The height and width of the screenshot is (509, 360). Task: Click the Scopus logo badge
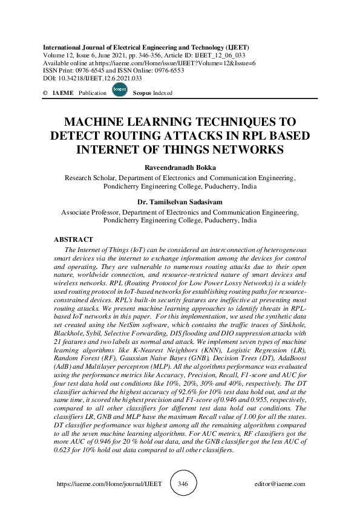[119, 91]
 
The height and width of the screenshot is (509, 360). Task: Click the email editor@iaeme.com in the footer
[280, 484]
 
